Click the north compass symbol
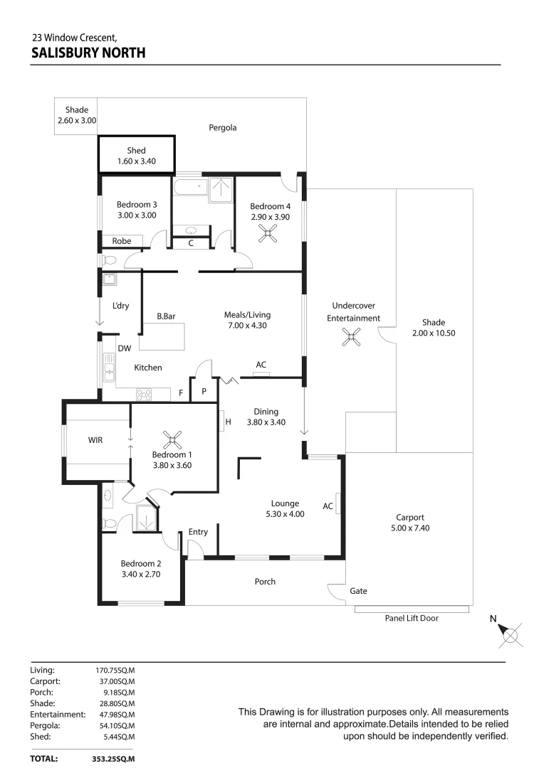coord(510,634)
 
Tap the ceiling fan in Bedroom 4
coord(268,233)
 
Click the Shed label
coord(136,150)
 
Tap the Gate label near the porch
coord(358,591)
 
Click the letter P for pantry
coord(203,391)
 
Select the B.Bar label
coord(167,316)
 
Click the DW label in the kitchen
coord(124,348)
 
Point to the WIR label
coord(95,440)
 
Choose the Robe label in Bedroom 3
coord(122,241)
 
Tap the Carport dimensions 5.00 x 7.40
coord(410,528)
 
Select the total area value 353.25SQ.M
coord(113,759)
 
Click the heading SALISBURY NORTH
coord(88,52)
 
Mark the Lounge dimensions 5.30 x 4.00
coord(284,513)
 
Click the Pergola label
coord(222,128)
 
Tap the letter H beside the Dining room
coord(228,422)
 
